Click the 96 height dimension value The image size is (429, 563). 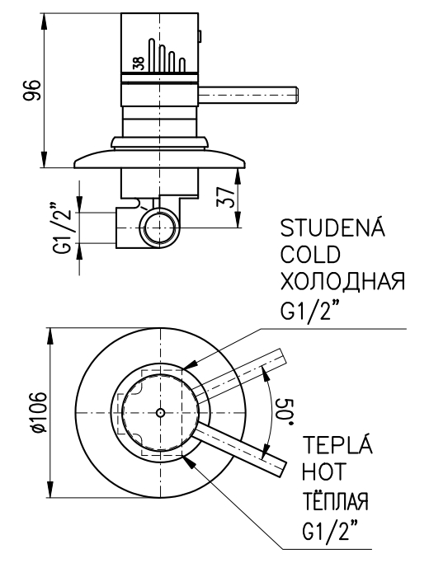(32, 90)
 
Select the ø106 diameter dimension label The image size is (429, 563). (39, 412)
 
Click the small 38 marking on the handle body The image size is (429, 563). (139, 63)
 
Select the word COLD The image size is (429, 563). (310, 254)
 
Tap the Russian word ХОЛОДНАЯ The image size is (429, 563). (342, 281)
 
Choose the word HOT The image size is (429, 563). (323, 471)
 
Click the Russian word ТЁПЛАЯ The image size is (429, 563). (336, 499)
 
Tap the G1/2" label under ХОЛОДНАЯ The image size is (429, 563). (310, 309)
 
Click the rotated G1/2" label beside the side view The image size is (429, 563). (64, 228)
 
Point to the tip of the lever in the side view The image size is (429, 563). (298, 96)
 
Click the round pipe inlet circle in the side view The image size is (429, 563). (159, 228)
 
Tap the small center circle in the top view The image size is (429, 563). (160, 412)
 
